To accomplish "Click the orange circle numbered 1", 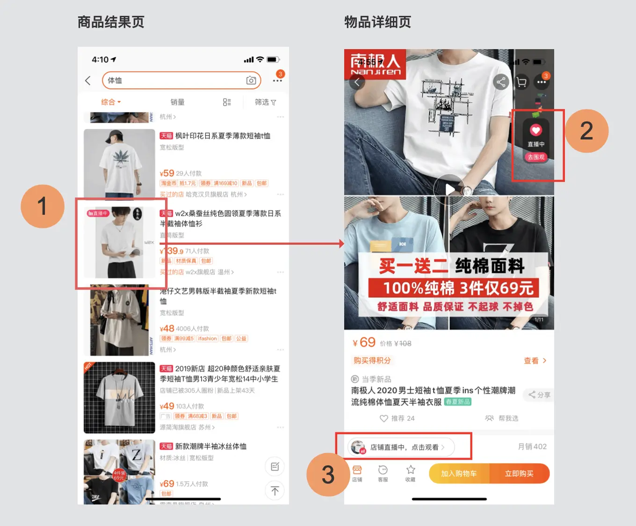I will (43, 206).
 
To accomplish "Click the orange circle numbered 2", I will (586, 131).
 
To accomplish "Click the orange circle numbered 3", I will (328, 475).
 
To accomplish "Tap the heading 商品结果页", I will (111, 22).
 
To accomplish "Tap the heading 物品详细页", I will (377, 22).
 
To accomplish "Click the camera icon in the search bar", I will (251, 80).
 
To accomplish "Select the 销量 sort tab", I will (177, 102).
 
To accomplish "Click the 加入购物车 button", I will (459, 474).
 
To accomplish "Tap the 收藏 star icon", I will (411, 473).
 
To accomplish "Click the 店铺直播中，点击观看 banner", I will (402, 447).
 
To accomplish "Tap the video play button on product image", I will (449, 189).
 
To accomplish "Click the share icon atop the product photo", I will (501, 82).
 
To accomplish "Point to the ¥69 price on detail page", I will (364, 343).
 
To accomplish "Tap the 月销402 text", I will (532, 446).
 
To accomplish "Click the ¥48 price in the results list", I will (167, 329).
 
